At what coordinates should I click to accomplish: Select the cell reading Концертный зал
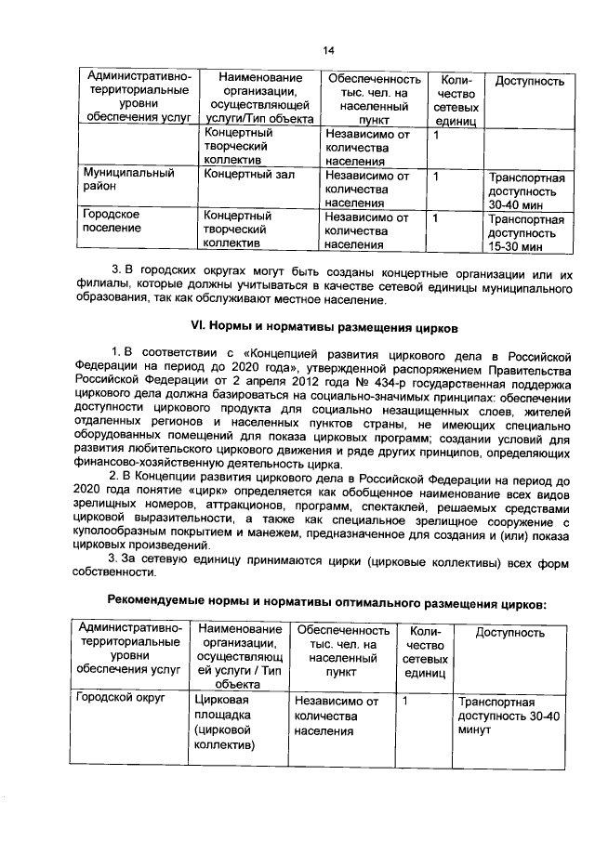pos(244,174)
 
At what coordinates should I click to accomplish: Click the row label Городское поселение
pos(112,223)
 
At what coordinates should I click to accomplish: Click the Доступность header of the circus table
pos(509,633)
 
